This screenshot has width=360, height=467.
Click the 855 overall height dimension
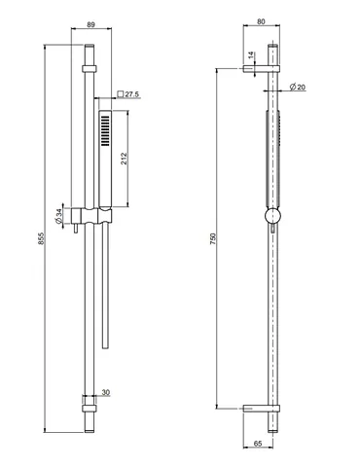tap(41, 238)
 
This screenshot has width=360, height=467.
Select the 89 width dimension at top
tap(91, 24)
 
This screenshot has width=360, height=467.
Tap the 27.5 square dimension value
tap(132, 94)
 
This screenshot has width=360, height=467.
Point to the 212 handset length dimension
tap(125, 159)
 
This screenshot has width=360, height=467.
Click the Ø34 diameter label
tap(58, 216)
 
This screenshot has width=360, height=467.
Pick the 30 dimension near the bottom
tap(106, 392)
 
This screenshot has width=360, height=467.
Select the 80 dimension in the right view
tap(261, 21)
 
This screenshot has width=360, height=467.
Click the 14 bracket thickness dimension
tap(251, 55)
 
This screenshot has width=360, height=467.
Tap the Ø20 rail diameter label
tap(298, 87)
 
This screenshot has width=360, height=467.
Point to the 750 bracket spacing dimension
tap(212, 238)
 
